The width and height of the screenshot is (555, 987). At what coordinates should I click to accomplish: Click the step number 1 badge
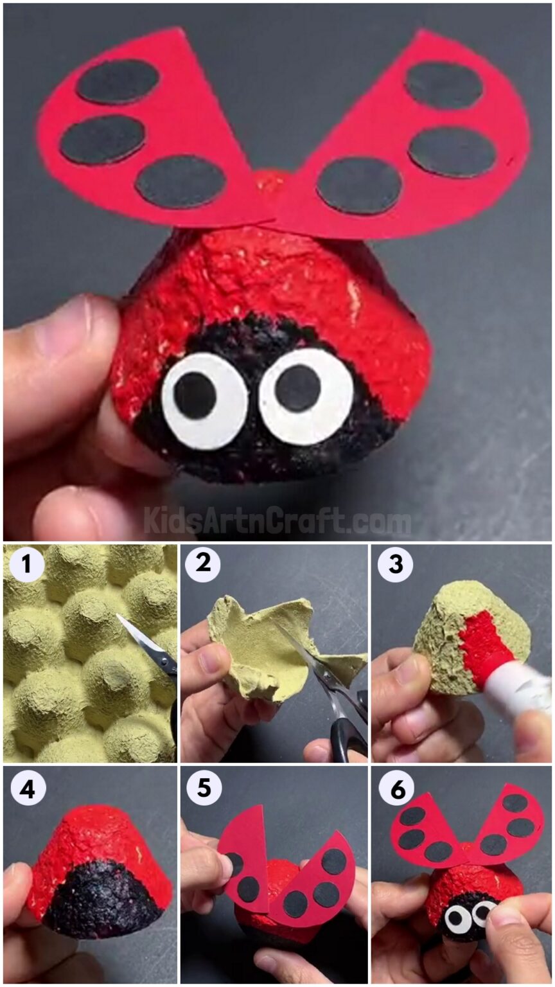click(x=26, y=565)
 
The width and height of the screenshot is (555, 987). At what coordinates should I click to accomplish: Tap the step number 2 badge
click(x=202, y=565)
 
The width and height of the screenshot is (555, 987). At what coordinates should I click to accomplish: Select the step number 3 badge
click(x=394, y=565)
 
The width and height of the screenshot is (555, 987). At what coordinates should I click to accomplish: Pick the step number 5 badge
click(x=204, y=788)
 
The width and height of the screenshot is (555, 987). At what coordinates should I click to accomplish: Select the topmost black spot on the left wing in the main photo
click(x=118, y=81)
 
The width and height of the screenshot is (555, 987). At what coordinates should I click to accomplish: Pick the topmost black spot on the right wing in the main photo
click(x=444, y=85)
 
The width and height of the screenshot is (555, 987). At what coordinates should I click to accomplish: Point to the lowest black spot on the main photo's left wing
click(x=181, y=181)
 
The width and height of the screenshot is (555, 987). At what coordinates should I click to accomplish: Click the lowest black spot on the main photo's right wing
click(x=360, y=185)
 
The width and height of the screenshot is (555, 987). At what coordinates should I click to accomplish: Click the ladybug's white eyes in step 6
click(x=470, y=916)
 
